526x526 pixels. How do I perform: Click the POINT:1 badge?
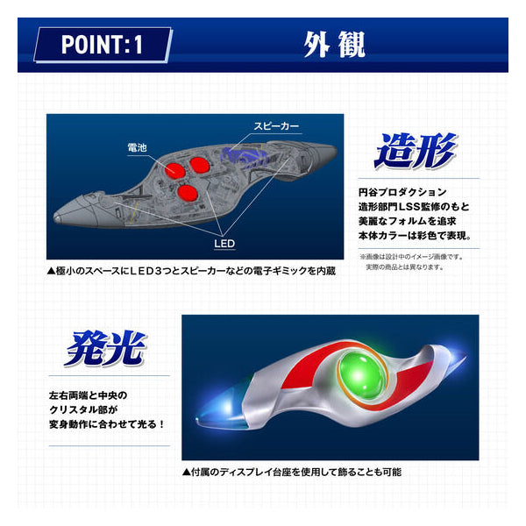tap(103, 46)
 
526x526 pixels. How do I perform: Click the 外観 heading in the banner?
tap(334, 44)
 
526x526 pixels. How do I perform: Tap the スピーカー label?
tap(277, 126)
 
